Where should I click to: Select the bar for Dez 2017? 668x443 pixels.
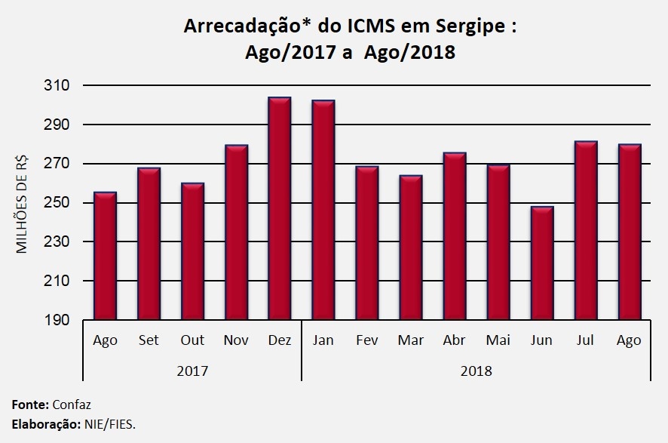(x=279, y=208)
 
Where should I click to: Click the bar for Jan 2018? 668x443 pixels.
(x=323, y=210)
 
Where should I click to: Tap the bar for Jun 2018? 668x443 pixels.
(x=541, y=263)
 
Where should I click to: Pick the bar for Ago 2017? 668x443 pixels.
(x=105, y=256)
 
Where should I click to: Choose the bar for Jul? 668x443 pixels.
(x=585, y=230)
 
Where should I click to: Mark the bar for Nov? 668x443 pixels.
(x=236, y=232)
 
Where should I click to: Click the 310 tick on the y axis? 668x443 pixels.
(x=57, y=85)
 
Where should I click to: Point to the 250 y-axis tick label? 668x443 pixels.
(x=57, y=203)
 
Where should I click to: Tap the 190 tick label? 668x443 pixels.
(x=57, y=320)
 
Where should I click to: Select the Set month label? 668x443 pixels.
(x=149, y=340)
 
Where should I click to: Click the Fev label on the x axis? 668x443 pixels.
(x=366, y=340)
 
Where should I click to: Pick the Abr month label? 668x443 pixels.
(x=454, y=340)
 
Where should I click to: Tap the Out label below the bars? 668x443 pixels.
(x=192, y=340)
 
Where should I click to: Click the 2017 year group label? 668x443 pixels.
(x=192, y=371)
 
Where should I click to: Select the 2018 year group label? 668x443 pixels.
(x=476, y=371)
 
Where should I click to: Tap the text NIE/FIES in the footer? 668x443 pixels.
(x=109, y=424)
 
